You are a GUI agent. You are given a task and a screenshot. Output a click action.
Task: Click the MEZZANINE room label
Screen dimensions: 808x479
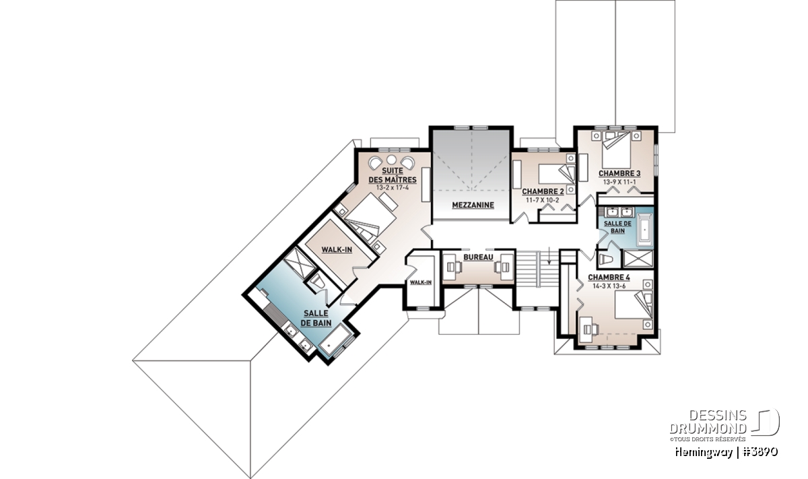click(473, 205)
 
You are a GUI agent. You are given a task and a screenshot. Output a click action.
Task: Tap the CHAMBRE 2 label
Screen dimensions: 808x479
click(543, 192)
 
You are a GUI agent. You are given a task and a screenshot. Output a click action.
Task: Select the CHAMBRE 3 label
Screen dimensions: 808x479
click(619, 174)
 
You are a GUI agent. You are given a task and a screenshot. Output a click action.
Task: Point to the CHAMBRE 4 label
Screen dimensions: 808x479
click(609, 277)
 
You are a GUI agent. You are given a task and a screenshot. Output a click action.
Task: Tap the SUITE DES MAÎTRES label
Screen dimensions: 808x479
click(393, 175)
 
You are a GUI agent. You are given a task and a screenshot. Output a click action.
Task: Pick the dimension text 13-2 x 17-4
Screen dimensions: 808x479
click(393, 188)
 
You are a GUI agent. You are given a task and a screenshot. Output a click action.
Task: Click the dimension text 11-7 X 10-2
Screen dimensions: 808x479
click(543, 200)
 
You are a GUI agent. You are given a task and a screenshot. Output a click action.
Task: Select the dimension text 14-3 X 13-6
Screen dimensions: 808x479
click(609, 286)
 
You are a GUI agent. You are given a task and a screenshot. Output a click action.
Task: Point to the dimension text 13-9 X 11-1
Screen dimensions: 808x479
click(619, 182)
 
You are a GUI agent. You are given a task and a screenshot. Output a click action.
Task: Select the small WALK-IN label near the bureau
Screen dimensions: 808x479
click(421, 282)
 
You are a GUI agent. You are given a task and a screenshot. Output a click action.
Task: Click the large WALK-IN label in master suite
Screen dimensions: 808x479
click(337, 249)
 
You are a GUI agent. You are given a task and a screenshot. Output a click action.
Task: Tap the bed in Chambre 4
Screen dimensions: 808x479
click(634, 305)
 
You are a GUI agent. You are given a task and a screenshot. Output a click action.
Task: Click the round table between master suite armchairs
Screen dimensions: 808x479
click(392, 160)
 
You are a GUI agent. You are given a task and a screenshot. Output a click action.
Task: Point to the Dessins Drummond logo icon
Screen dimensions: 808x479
click(766, 422)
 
